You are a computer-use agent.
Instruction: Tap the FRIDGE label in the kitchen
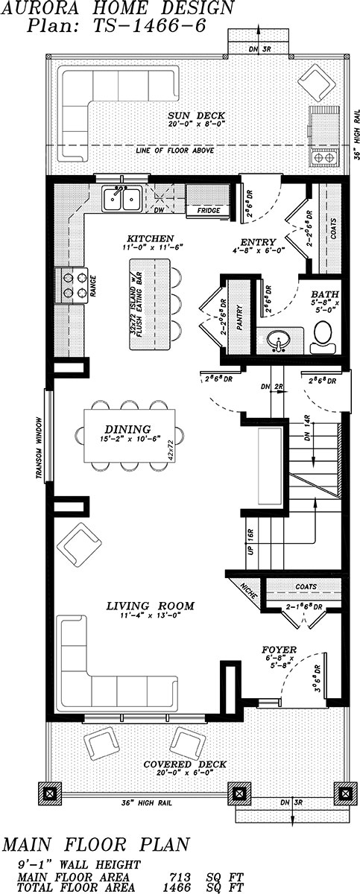tap(208, 211)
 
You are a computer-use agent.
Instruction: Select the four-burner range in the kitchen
tap(72, 284)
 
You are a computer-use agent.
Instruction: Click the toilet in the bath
tap(324, 337)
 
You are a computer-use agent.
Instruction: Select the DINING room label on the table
tap(127, 429)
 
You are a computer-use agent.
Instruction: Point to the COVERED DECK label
tap(183, 764)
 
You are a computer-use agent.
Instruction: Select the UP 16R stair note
tap(250, 542)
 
